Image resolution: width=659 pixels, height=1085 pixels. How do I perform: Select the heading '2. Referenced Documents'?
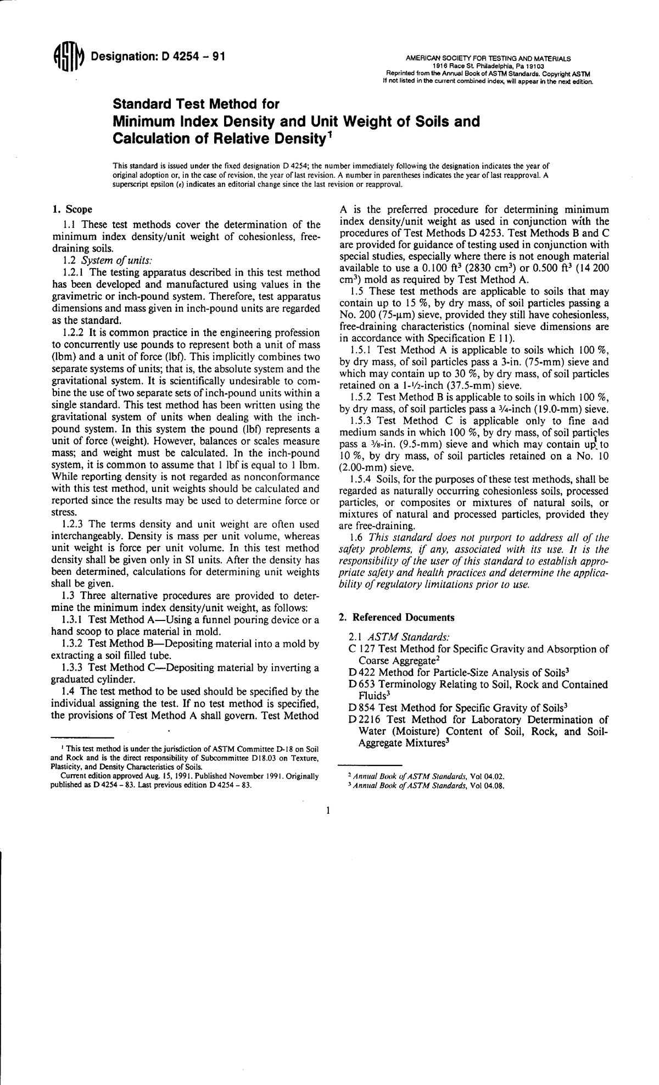click(396, 617)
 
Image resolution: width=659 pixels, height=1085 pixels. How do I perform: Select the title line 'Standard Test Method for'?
click(196, 104)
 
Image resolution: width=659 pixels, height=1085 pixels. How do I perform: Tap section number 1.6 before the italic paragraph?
click(358, 538)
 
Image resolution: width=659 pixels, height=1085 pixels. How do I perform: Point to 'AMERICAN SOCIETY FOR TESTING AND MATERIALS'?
click(488, 58)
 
